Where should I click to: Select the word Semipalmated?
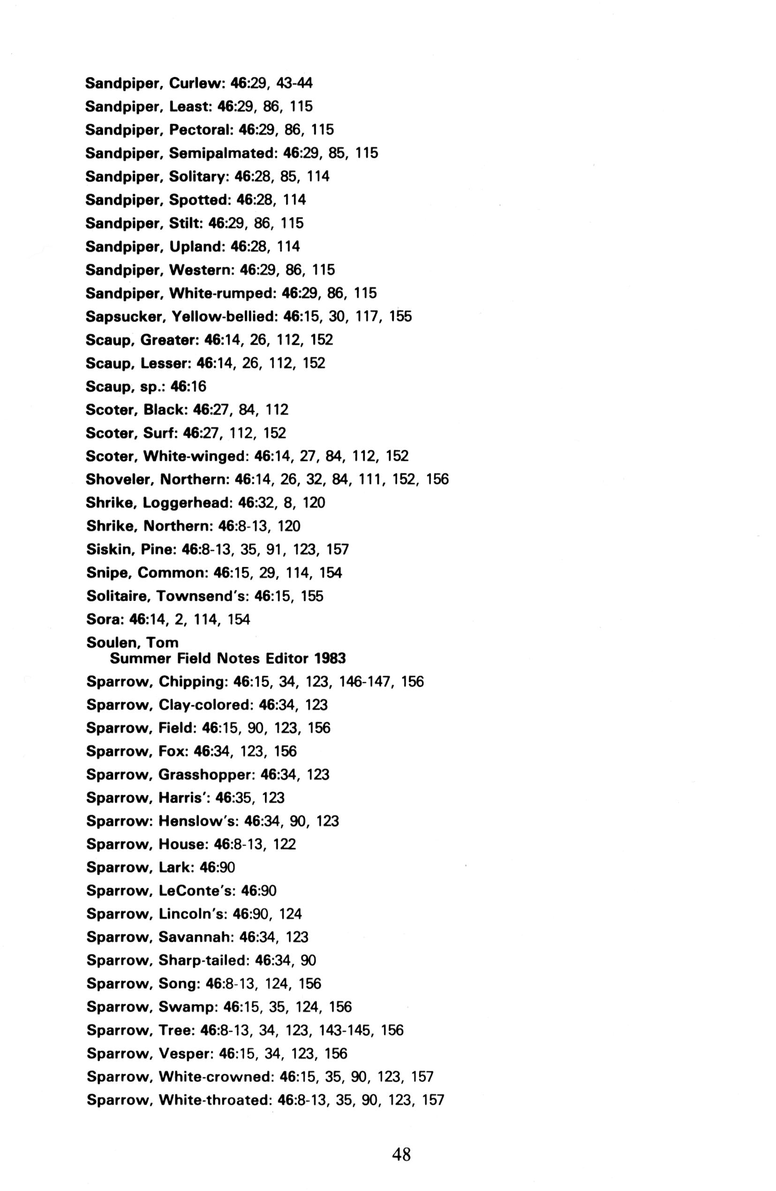223,153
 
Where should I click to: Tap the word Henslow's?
198,821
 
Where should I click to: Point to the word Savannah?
195,937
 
